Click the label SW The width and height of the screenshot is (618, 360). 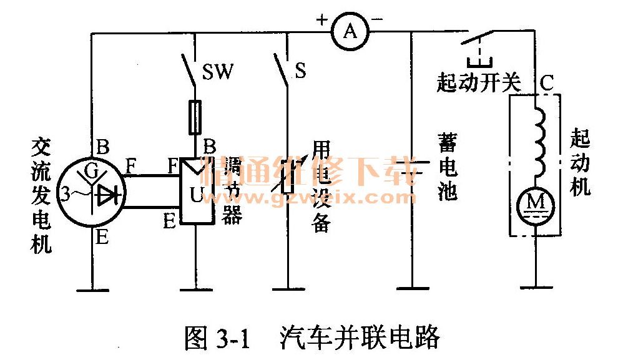click(218, 72)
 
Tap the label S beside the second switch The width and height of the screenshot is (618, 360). click(300, 71)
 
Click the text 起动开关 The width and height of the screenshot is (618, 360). click(478, 83)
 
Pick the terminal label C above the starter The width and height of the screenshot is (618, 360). click(546, 82)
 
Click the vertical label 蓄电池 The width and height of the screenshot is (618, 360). click(447, 169)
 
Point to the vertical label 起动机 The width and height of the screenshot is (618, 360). click(581, 163)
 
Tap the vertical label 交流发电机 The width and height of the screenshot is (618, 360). click(41, 195)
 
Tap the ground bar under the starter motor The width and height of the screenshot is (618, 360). click(536, 288)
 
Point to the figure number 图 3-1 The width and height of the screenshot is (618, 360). click(217, 338)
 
